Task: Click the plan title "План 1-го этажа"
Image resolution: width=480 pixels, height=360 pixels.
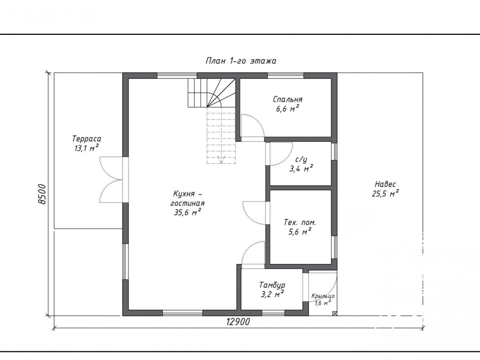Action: [241, 61]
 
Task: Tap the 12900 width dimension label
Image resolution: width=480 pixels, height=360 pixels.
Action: [238, 322]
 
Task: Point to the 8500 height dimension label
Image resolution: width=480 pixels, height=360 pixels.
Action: [42, 194]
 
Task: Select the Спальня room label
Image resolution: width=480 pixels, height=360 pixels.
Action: [288, 99]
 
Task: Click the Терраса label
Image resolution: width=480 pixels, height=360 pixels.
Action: [86, 138]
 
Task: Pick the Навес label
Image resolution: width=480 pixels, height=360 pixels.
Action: [385, 184]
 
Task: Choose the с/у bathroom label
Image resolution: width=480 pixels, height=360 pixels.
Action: [301, 159]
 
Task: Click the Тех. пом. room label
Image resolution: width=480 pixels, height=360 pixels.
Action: [299, 222]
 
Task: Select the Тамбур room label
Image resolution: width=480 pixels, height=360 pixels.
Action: [272, 286]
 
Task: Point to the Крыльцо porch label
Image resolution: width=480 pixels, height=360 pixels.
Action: [323, 296]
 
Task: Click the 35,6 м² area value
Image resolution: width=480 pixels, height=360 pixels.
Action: [187, 212]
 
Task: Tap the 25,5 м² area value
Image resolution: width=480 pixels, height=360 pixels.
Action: [385, 193]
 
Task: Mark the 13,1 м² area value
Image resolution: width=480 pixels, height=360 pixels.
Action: [86, 148]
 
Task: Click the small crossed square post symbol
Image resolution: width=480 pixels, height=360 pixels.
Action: [335, 314]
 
